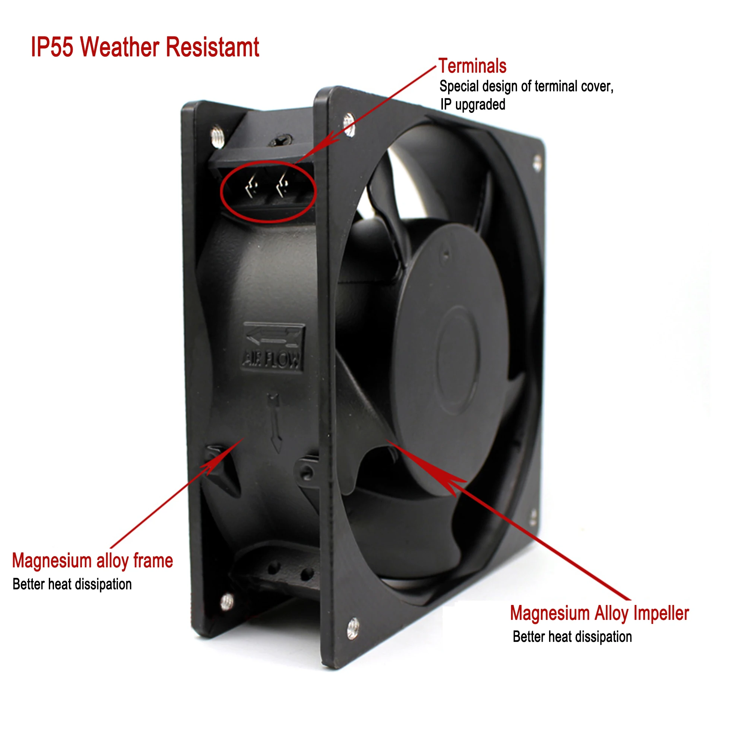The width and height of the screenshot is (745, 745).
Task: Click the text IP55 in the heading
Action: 52,47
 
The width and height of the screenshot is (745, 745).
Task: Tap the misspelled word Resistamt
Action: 212,47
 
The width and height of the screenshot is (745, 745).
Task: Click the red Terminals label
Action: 472,66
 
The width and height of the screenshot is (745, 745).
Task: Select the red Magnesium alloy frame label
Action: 92,561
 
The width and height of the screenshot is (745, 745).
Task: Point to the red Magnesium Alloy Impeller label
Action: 599,614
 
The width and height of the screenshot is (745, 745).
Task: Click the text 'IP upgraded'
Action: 473,104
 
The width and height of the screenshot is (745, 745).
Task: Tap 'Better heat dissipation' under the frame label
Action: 72,584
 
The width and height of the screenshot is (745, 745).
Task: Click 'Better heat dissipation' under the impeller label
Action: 572,637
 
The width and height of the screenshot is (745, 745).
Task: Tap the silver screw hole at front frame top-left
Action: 349,124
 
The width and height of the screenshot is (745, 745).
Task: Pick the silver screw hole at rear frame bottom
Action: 227,602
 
